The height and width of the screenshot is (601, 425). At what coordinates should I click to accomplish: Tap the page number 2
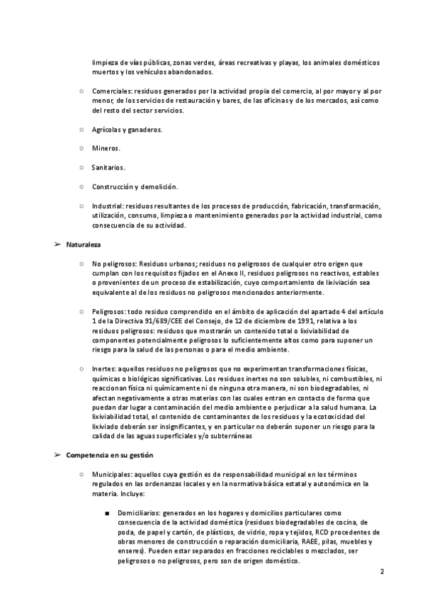pyautogui.click(x=382, y=572)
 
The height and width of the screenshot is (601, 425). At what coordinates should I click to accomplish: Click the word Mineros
pyautogui.click(x=106, y=149)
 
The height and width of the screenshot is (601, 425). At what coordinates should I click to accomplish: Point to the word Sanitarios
pyautogui.click(x=108, y=168)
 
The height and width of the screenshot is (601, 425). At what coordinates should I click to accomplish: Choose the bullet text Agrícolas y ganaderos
pyautogui.click(x=127, y=130)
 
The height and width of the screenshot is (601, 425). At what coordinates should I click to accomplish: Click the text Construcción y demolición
pyautogui.click(x=135, y=187)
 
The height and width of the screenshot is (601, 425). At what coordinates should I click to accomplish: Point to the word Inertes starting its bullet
pyautogui.click(x=105, y=370)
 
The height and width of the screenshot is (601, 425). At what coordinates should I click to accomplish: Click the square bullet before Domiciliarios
pyautogui.click(x=106, y=512)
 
